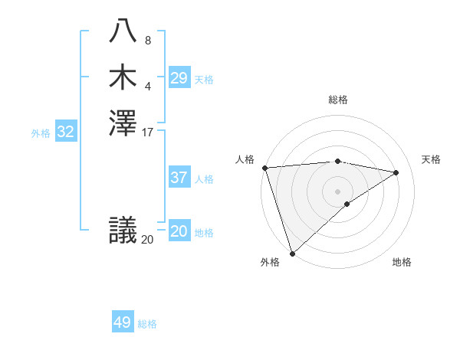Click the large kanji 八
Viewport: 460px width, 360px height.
pyautogui.click(x=123, y=31)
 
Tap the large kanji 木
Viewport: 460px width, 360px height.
pyautogui.click(x=123, y=77)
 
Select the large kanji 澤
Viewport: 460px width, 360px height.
pyautogui.click(x=123, y=123)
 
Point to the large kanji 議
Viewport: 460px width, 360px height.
pyautogui.click(x=123, y=230)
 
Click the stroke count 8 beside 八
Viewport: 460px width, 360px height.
pyautogui.click(x=148, y=41)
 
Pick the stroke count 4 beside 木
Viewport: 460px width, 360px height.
pyautogui.click(x=148, y=87)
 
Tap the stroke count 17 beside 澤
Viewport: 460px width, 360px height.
pyautogui.click(x=148, y=133)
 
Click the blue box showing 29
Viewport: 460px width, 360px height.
pyautogui.click(x=179, y=78)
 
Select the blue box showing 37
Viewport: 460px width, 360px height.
pyautogui.click(x=179, y=178)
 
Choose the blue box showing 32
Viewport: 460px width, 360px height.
pyautogui.click(x=66, y=132)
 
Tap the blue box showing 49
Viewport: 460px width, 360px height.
pyautogui.click(x=123, y=322)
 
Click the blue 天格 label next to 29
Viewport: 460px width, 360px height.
pyautogui.click(x=204, y=80)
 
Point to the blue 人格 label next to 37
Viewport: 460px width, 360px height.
pyautogui.click(x=204, y=179)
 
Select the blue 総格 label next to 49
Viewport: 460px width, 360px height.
pyautogui.click(x=148, y=324)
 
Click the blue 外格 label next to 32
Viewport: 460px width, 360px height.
pyautogui.click(x=41, y=133)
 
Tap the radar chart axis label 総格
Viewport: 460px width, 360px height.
pyautogui.click(x=338, y=100)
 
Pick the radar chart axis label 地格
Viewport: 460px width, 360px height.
pyautogui.click(x=402, y=263)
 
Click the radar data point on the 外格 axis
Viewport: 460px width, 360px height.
pyautogui.click(x=292, y=253)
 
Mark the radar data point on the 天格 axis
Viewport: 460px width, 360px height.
pyautogui.click(x=396, y=172)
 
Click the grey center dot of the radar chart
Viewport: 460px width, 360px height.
pyautogui.click(x=337, y=191)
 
